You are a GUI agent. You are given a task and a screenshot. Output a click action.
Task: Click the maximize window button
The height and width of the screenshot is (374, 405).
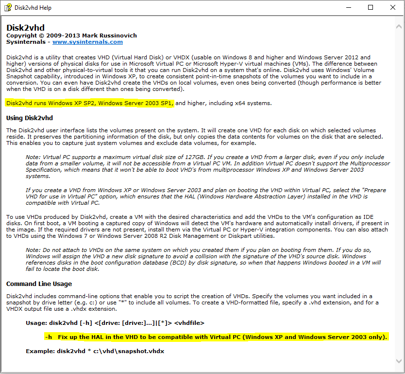[x=371, y=7]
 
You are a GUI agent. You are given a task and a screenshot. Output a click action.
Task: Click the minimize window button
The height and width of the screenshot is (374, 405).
[x=349, y=7]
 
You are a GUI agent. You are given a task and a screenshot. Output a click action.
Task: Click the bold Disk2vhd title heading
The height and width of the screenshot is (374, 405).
[x=25, y=28]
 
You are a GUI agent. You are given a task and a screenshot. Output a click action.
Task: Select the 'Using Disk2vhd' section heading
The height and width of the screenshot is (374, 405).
[x=30, y=118]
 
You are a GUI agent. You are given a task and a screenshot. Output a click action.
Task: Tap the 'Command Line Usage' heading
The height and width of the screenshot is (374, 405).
[x=39, y=284]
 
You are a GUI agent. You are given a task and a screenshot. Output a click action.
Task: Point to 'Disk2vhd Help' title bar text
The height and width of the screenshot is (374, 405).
[x=33, y=8]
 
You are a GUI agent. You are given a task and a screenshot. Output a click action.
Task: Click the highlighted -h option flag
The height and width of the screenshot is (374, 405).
[x=49, y=337]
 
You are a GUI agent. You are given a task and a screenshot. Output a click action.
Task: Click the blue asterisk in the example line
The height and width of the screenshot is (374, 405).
[x=89, y=351]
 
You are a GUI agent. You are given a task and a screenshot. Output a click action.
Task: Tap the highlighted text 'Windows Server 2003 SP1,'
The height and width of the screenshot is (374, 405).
[x=135, y=103]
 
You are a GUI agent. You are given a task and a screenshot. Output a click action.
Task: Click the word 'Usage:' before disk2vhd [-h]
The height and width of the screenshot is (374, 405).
[x=37, y=322]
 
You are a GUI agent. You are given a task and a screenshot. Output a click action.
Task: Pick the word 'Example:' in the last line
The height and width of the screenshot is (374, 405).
[x=39, y=351]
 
